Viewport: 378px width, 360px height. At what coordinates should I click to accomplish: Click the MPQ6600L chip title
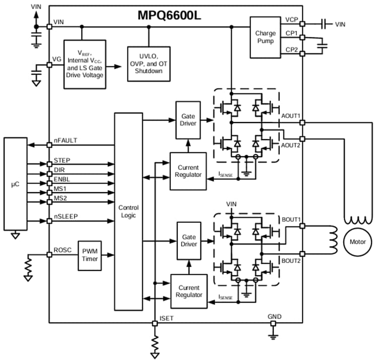coord(169,15)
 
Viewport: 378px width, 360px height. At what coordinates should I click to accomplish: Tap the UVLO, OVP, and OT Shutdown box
coord(148,63)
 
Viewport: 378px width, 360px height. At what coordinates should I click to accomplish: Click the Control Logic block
coord(129,211)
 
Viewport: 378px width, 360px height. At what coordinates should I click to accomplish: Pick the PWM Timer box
coord(91,255)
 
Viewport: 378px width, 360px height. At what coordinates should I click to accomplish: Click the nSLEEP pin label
coord(66,217)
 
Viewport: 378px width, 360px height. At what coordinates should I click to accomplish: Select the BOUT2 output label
coord(290,261)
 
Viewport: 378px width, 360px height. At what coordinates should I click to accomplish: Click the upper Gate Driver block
coord(187,120)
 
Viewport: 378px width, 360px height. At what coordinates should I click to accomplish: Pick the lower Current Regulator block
coord(188,291)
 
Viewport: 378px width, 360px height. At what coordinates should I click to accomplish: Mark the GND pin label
coord(275,317)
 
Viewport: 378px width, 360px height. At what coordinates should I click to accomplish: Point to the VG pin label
coord(57,59)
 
